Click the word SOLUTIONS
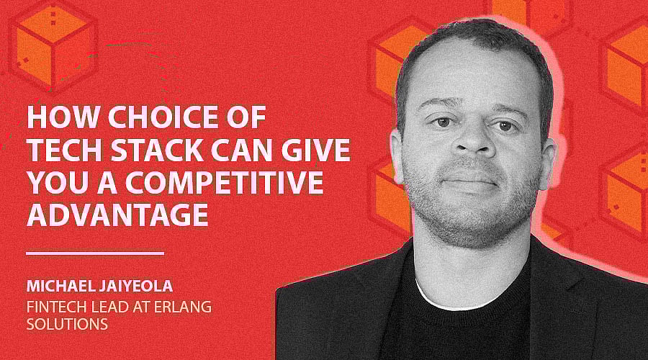click(66, 325)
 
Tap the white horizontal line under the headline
click(94, 253)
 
